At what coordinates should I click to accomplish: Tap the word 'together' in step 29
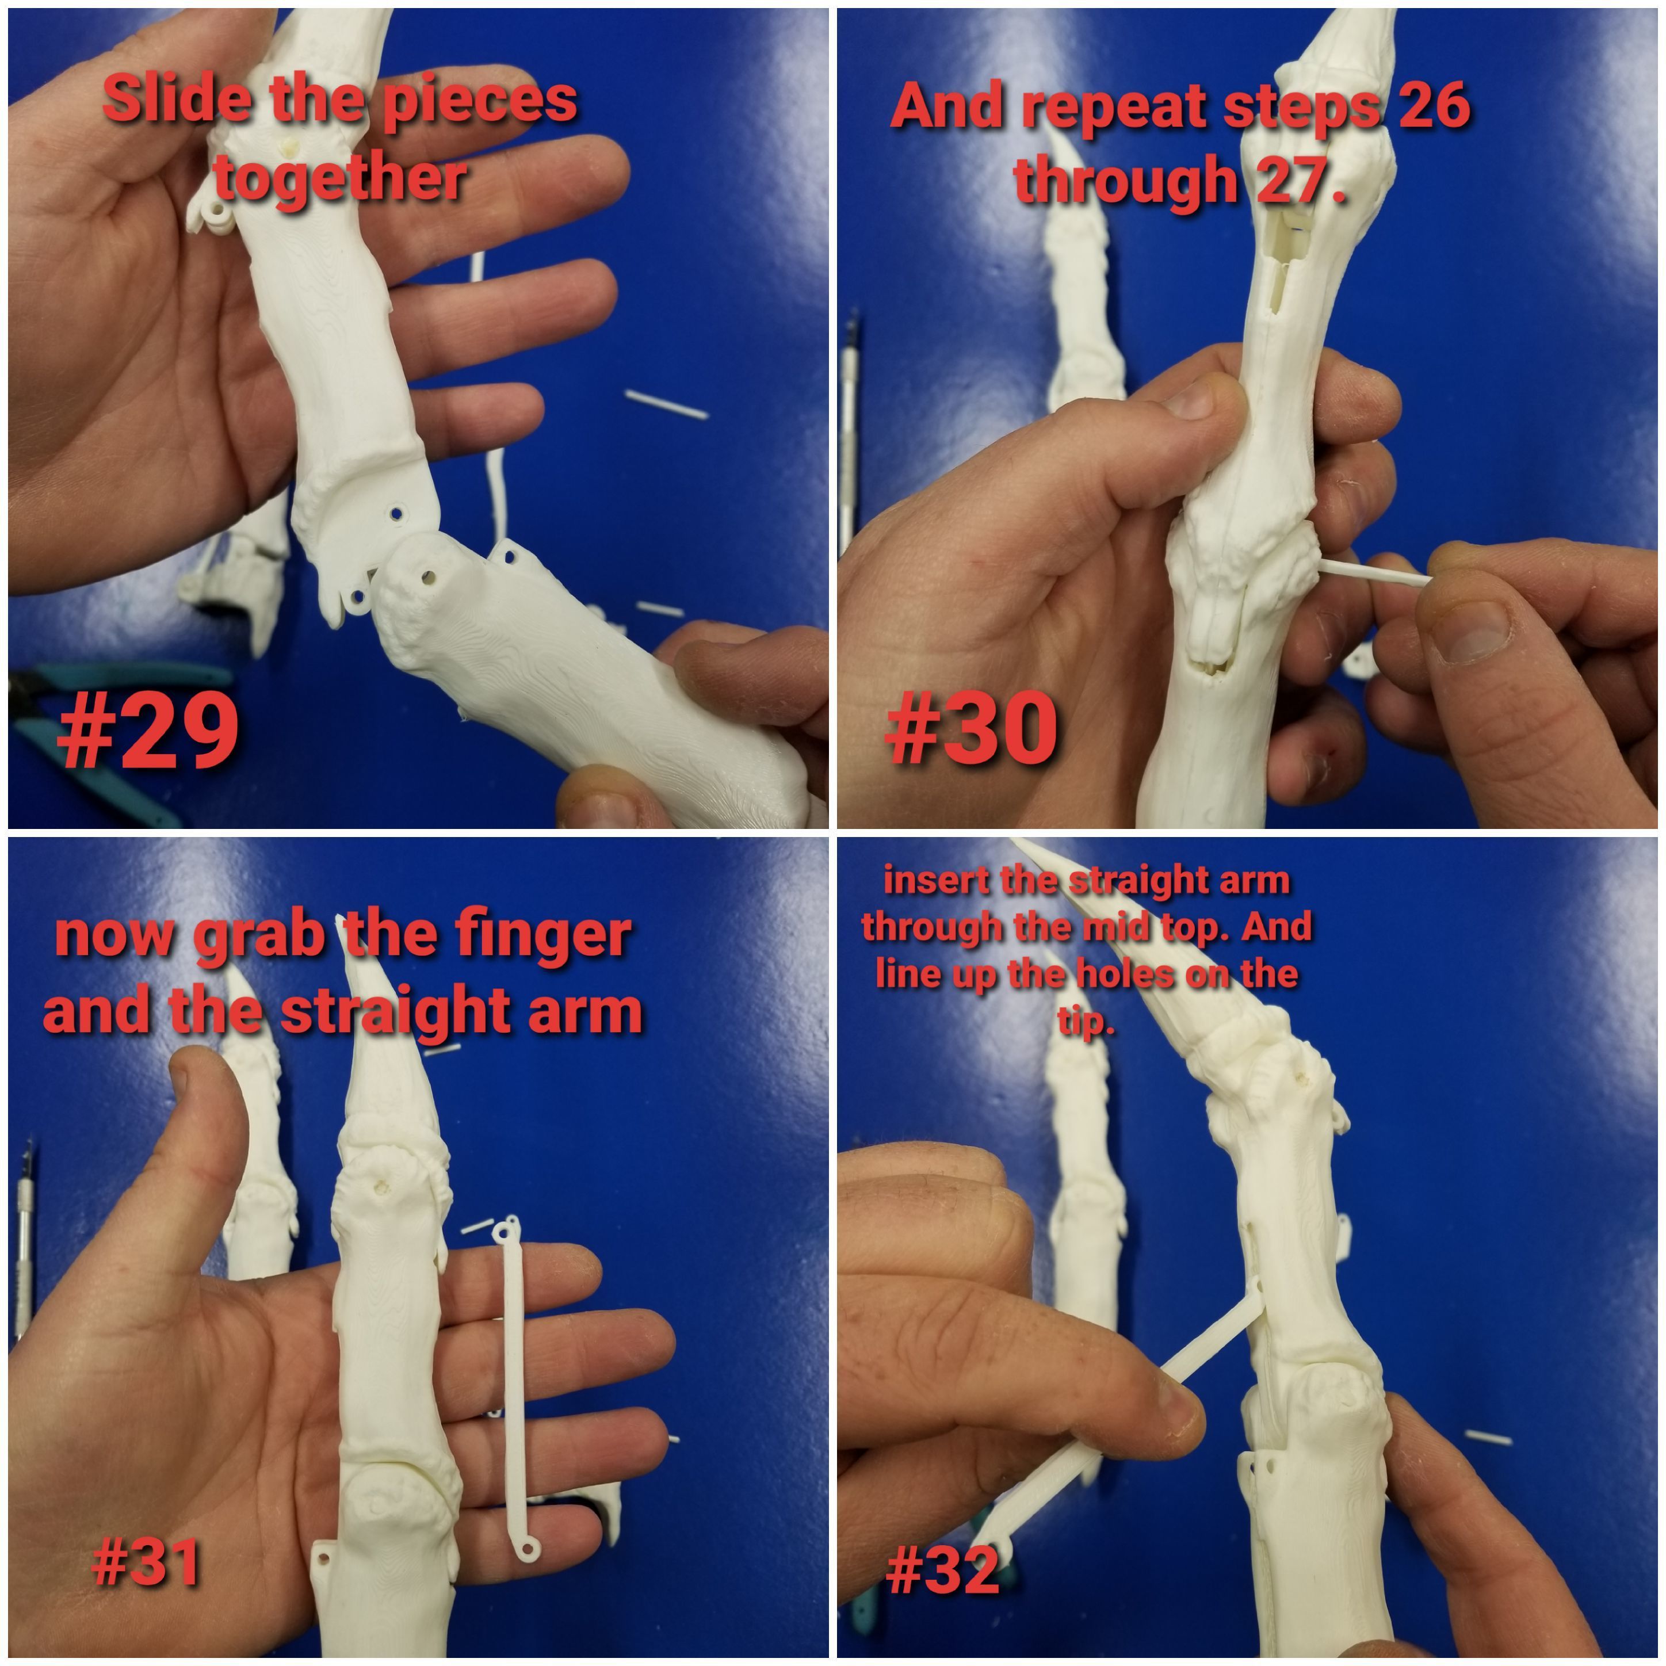point(341,178)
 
